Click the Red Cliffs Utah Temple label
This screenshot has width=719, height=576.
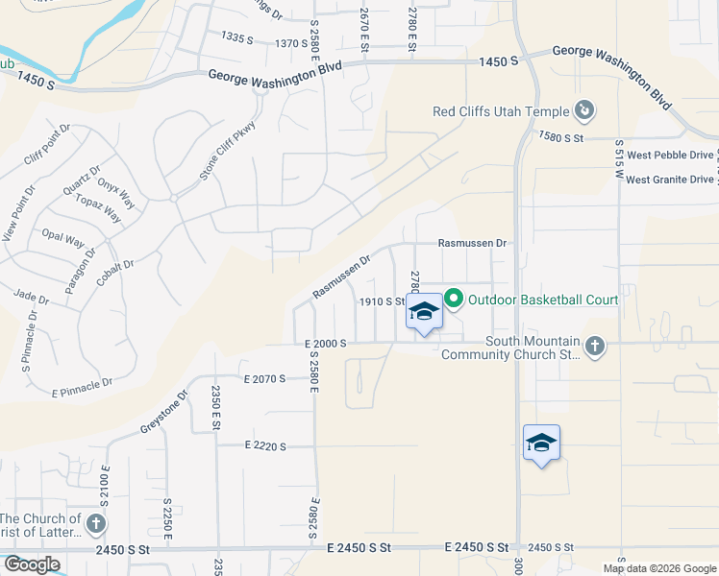(x=501, y=111)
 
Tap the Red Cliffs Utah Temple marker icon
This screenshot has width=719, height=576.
(x=583, y=111)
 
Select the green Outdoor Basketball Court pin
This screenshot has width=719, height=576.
(x=454, y=300)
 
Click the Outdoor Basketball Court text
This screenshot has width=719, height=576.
(x=543, y=300)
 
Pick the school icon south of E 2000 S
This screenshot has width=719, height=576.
(x=541, y=443)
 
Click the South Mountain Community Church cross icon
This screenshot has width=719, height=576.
(x=595, y=346)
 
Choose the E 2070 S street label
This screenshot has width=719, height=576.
(x=265, y=379)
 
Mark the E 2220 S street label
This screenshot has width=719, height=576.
(x=265, y=445)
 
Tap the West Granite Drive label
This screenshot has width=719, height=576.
(x=671, y=179)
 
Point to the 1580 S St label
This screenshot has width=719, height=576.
(x=562, y=138)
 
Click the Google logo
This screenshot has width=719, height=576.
(x=32, y=564)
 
